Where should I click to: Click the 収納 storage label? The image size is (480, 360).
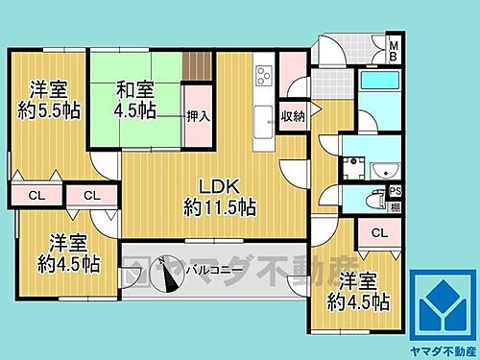[293, 116]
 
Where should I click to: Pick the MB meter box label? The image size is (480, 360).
[393, 48]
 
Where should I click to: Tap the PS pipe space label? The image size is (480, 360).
[395, 189]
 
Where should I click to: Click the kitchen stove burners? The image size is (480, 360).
[261, 75]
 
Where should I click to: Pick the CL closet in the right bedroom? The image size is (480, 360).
[378, 232]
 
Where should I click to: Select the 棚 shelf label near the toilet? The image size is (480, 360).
[394, 206]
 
